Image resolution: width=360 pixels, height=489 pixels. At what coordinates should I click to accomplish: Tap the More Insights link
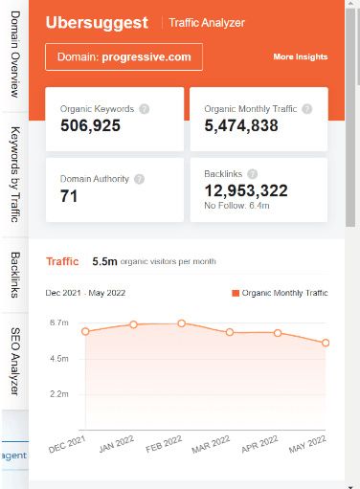point(300,57)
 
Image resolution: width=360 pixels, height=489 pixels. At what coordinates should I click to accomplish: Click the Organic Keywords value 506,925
point(90,125)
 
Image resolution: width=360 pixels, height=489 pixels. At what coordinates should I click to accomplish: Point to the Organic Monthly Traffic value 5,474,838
point(242,125)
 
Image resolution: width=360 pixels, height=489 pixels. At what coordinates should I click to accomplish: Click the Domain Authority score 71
point(69,197)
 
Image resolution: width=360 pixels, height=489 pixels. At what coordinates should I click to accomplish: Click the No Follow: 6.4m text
point(236,206)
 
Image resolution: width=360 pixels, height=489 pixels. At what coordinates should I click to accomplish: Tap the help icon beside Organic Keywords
point(144,109)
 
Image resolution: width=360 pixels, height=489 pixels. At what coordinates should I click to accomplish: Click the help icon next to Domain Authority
point(139,179)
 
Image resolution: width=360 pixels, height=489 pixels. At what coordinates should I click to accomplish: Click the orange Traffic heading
point(62,260)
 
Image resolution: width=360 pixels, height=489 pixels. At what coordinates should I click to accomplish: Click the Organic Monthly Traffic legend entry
point(279,293)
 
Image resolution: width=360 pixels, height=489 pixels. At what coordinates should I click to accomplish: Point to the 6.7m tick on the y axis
point(58,323)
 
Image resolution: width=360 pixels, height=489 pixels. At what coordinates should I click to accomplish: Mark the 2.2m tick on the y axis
point(58,393)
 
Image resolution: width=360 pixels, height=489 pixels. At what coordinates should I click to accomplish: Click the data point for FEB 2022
point(182,323)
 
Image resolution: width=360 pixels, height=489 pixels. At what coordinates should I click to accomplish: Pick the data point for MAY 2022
point(326,343)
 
